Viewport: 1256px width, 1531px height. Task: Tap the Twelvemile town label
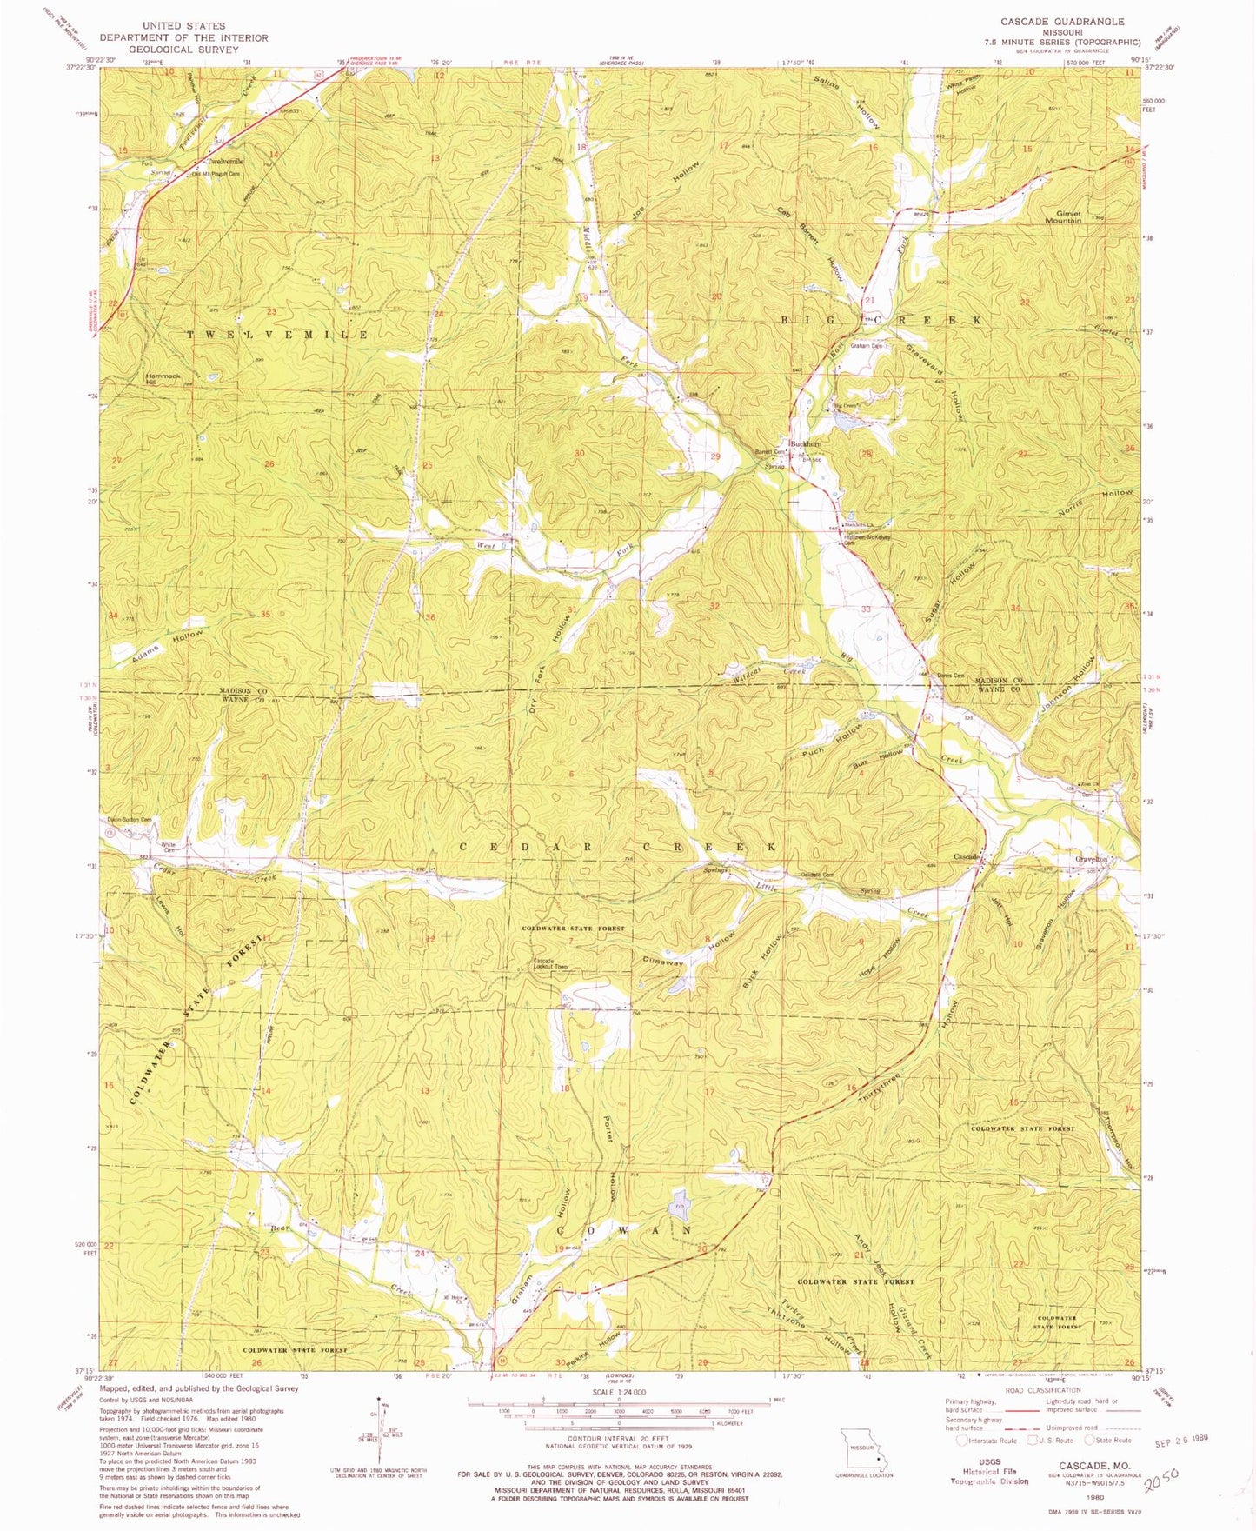coord(224,163)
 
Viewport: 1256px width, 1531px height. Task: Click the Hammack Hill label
coord(163,378)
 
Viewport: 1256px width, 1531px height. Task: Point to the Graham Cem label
coord(866,346)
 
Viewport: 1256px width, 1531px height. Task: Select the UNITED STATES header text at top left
coord(183,26)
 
